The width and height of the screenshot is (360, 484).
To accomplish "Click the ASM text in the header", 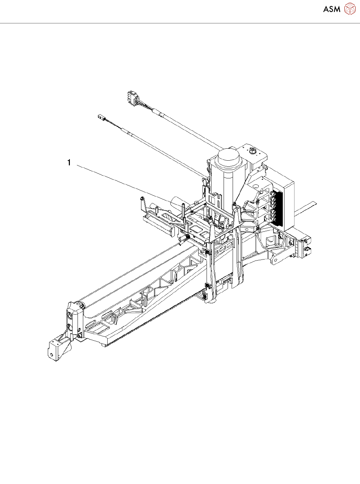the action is coord(332,9).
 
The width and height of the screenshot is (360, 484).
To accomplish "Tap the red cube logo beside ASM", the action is coord(350,8).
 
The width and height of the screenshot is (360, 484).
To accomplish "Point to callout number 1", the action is coord(69,163).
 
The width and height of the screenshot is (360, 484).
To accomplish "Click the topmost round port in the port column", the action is coord(272,193).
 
